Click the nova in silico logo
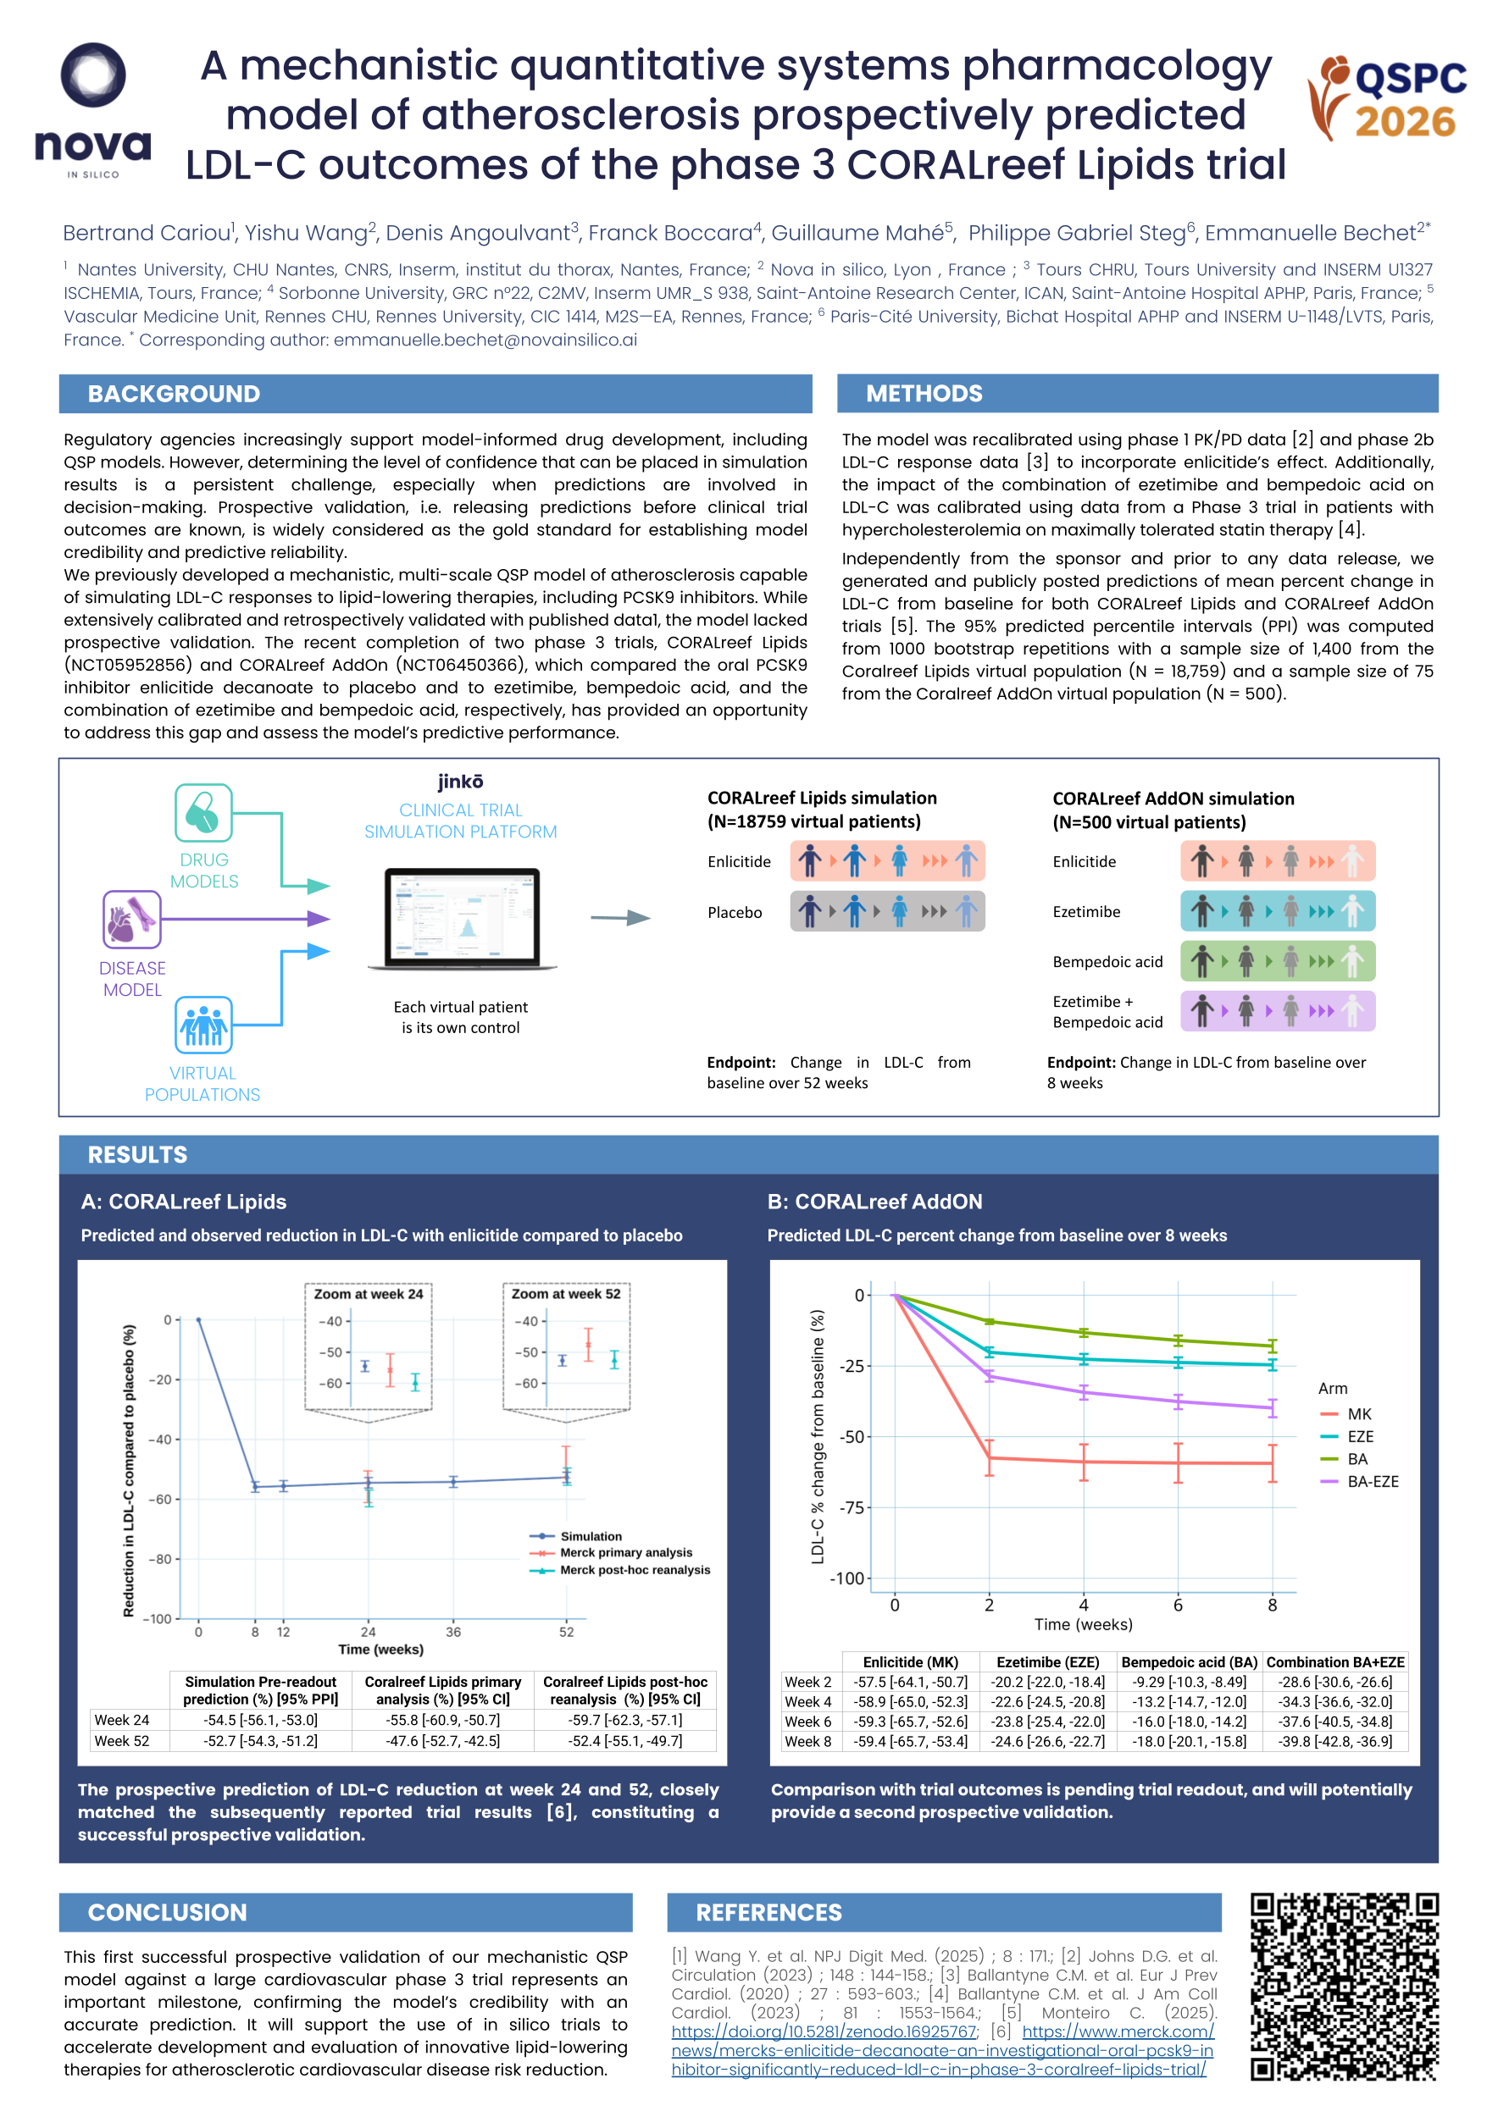coord(92,111)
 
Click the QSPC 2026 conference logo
coord(1387,99)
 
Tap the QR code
coord(1344,1987)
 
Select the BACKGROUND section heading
coord(174,394)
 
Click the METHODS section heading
coord(924,394)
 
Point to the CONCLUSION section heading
coord(167,1912)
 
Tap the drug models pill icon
coord(203,812)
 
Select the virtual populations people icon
coord(203,1025)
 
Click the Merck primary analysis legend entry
coord(624,1553)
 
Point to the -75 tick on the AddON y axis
coord(852,1507)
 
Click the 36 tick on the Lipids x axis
coord(453,1632)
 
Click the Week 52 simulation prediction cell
coord(260,1741)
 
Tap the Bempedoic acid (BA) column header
coord(1189,1661)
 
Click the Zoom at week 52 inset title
coord(565,1294)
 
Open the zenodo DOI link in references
coord(823,2031)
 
